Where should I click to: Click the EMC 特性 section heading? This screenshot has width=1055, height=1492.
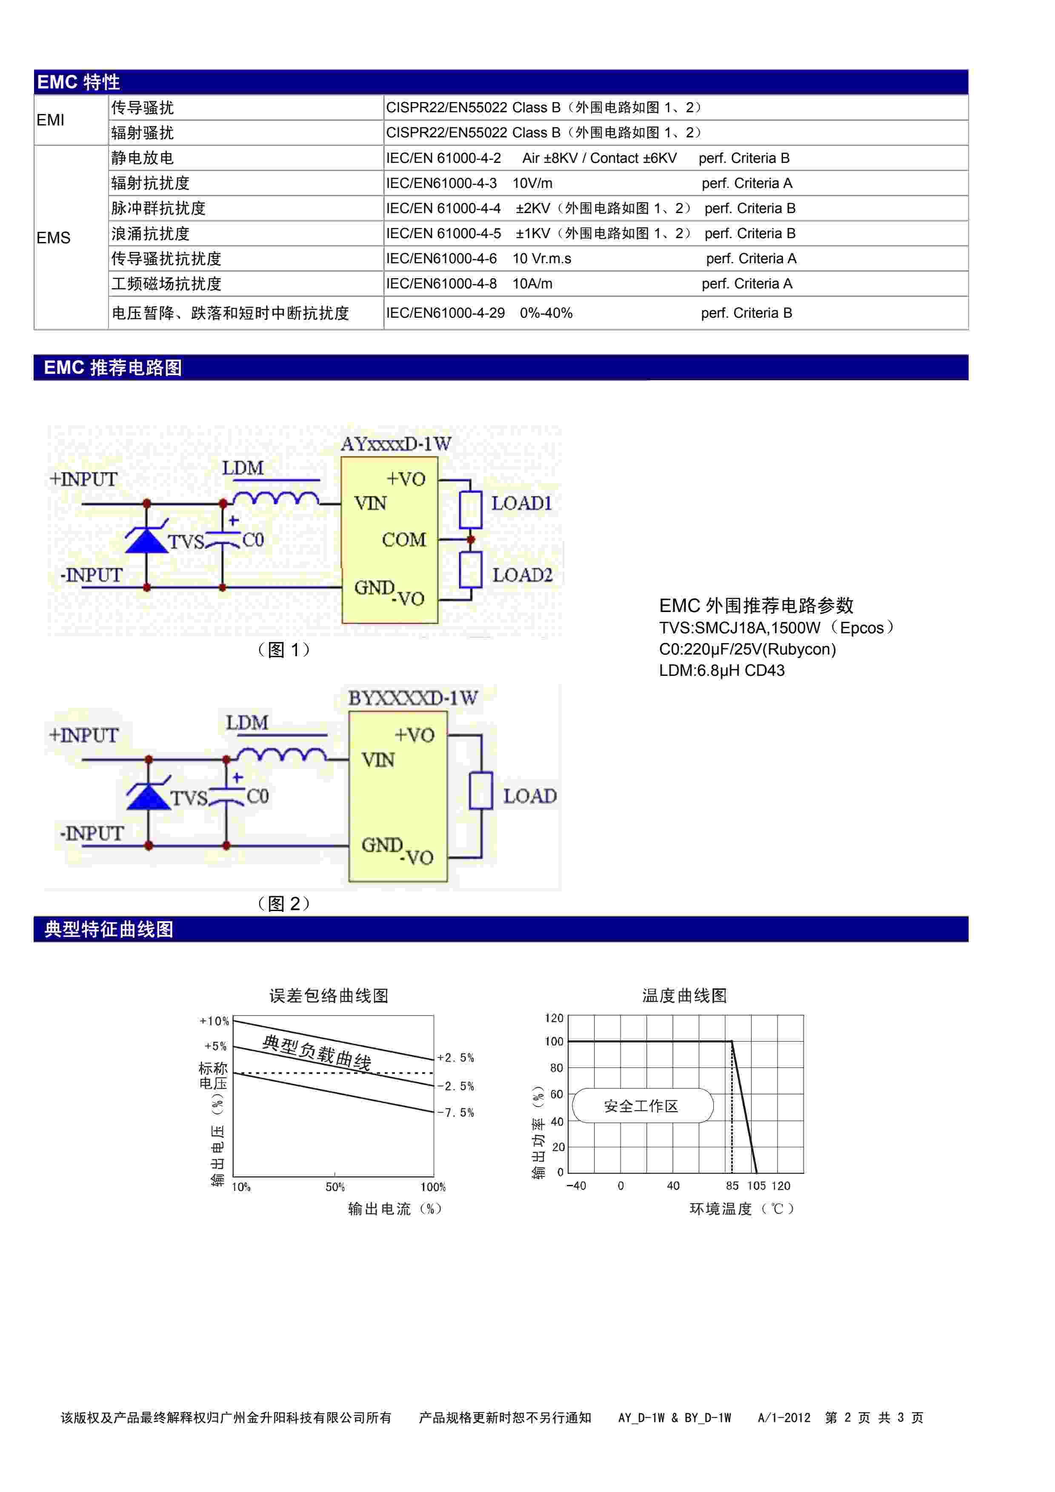79,83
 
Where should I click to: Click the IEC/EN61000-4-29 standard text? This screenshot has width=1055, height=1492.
445,313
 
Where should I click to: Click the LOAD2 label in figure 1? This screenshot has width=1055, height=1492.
522,575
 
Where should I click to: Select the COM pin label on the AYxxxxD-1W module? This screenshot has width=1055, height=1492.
404,540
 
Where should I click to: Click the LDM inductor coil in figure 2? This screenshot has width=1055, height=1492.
281,755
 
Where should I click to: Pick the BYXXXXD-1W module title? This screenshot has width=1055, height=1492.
413,698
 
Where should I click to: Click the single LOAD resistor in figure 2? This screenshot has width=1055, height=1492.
481,790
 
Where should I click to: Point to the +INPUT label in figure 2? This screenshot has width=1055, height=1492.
84,736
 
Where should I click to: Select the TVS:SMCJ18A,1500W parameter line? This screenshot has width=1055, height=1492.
777,628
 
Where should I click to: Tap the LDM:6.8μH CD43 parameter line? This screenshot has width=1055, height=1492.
721,671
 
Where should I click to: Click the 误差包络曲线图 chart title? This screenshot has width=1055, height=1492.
329,996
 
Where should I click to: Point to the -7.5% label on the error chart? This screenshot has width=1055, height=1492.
456,1113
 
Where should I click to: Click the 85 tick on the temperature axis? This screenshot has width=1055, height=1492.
732,1186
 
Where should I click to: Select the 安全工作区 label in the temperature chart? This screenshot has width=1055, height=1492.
641,1106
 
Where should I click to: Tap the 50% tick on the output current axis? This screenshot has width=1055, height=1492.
335,1187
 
